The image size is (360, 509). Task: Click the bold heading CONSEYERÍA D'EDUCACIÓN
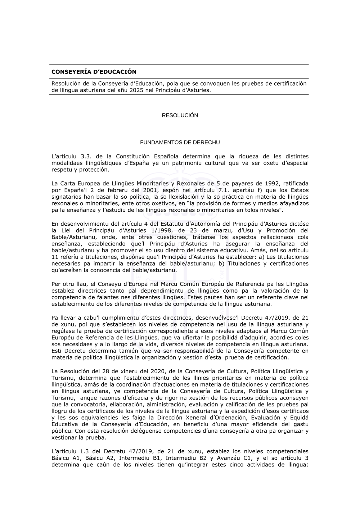click(x=94, y=72)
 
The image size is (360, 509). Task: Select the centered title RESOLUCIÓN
click(x=180, y=116)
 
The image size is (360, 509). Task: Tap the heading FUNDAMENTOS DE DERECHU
click(x=180, y=143)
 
